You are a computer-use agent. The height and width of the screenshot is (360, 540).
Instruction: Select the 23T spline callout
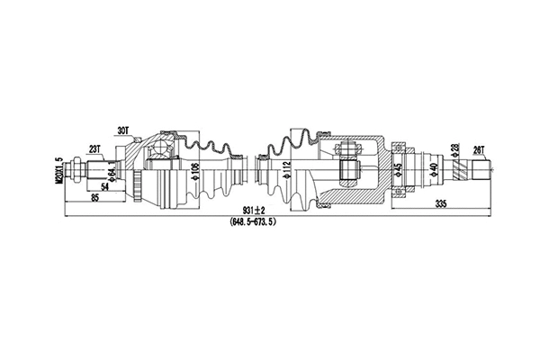click(x=94, y=148)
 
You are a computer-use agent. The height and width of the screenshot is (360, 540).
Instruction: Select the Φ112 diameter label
click(x=284, y=170)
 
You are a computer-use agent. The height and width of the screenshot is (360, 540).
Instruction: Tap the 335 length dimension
click(x=440, y=203)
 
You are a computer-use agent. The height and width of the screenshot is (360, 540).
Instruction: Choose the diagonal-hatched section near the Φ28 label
click(x=463, y=169)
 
